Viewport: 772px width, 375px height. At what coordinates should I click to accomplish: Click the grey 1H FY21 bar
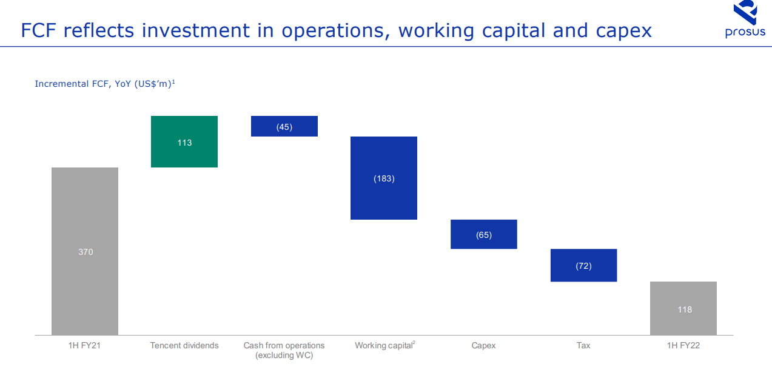pyautogui.click(x=85, y=251)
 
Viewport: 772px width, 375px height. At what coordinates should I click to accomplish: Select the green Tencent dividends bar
pyautogui.click(x=184, y=142)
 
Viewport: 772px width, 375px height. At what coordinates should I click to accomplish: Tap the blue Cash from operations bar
pyautogui.click(x=284, y=126)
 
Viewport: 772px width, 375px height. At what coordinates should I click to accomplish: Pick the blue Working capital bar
pyautogui.click(x=384, y=178)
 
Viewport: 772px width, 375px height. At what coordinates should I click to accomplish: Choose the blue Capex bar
pyautogui.click(x=484, y=234)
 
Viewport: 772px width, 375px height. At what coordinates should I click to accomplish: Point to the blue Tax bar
pyautogui.click(x=584, y=265)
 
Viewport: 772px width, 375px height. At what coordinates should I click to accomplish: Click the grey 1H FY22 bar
pyautogui.click(x=683, y=308)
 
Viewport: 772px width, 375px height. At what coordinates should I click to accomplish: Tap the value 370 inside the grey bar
pyautogui.click(x=86, y=252)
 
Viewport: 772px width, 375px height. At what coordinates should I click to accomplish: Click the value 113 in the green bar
pyautogui.click(x=184, y=143)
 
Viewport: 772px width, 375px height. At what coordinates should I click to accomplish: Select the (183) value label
pyautogui.click(x=384, y=179)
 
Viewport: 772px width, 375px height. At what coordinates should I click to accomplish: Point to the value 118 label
pyautogui.click(x=685, y=310)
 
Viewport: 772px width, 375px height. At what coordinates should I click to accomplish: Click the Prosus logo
pyautogui.click(x=745, y=19)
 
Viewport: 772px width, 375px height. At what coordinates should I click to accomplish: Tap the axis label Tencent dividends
pyautogui.click(x=184, y=346)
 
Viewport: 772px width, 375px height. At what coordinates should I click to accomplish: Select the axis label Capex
pyautogui.click(x=483, y=346)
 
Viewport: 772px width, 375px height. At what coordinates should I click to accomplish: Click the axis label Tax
pyautogui.click(x=583, y=346)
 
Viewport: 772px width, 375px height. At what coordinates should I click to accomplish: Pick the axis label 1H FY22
pyautogui.click(x=683, y=346)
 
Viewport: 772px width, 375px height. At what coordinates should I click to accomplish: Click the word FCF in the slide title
pyautogui.click(x=38, y=30)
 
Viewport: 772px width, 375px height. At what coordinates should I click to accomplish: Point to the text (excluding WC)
pyautogui.click(x=284, y=356)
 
